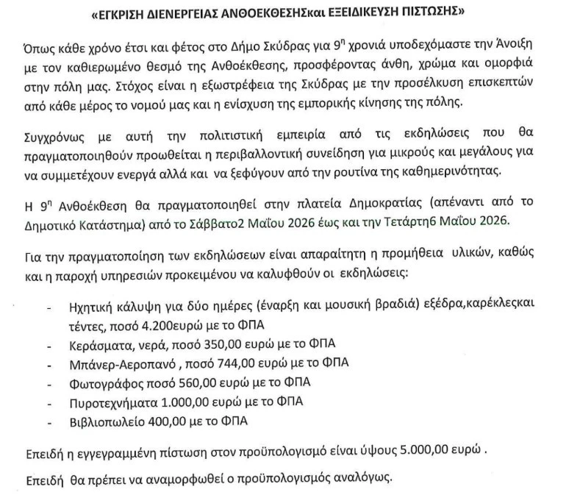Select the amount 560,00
click(194, 382)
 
